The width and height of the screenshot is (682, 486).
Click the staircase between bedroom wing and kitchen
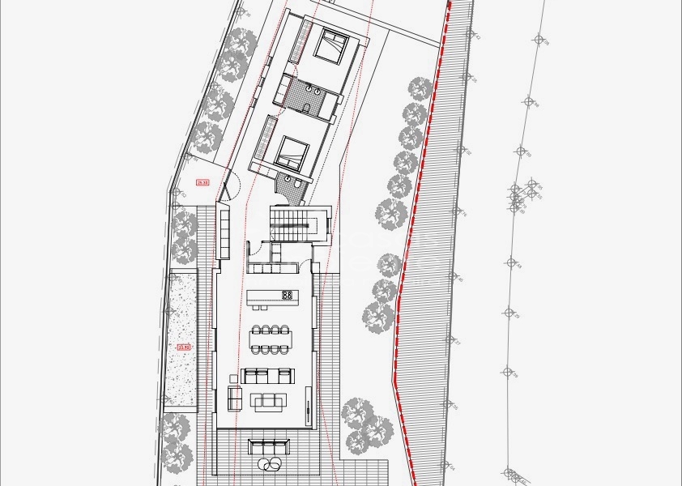click(292, 220)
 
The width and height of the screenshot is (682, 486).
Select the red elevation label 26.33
click(203, 183)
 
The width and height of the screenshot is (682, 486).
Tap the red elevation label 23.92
click(183, 347)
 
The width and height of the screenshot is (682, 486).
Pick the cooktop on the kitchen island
click(287, 295)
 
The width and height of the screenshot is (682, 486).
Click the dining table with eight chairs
click(271, 339)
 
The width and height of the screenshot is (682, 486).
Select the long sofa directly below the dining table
click(267, 375)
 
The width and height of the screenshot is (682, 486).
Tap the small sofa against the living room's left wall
click(235, 398)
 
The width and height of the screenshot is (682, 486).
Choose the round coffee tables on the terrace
click(270, 464)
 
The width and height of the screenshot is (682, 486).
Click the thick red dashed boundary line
click(413, 202)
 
